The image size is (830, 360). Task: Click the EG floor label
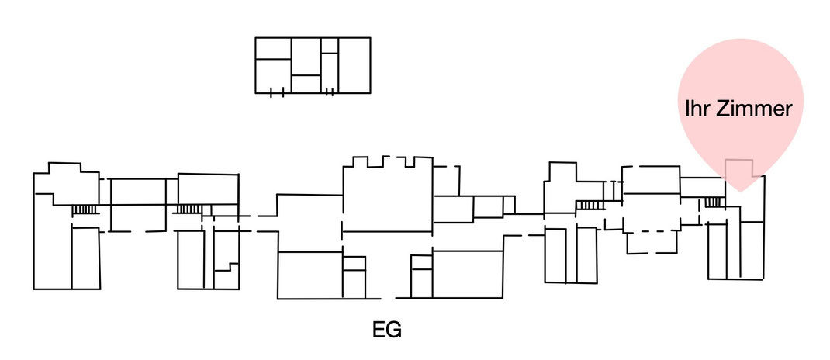click(x=387, y=331)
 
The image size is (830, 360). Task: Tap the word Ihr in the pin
click(x=696, y=109)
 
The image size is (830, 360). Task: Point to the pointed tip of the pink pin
click(x=741, y=192)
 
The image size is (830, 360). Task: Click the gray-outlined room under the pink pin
click(x=739, y=168)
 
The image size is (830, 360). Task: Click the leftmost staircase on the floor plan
click(x=85, y=209)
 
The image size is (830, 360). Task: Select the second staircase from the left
click(x=188, y=209)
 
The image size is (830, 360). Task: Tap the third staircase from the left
click(x=590, y=205)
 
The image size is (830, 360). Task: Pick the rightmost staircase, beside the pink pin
click(x=714, y=202)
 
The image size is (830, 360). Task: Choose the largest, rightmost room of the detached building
click(x=354, y=65)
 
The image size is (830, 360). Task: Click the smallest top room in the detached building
click(x=329, y=45)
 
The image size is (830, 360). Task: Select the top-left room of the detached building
click(x=273, y=48)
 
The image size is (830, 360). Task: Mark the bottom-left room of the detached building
click(x=273, y=76)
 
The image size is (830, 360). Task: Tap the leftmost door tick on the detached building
click(x=271, y=93)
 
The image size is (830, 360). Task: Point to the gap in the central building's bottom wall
click(x=388, y=298)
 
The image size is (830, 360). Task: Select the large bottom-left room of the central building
click(x=310, y=275)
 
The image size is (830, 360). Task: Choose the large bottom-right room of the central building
click(x=468, y=274)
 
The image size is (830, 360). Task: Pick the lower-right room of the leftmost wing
click(x=86, y=258)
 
